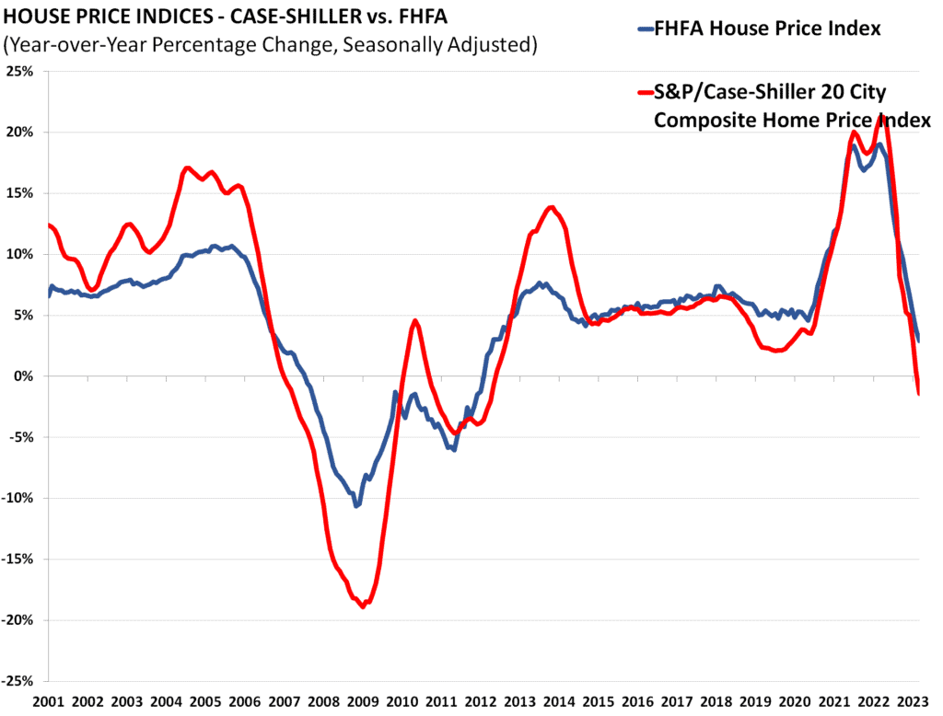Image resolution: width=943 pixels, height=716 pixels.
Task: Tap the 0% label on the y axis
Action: point(25,376)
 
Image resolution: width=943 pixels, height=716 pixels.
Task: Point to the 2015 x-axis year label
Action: point(600,702)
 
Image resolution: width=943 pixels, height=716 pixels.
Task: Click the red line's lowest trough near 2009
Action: point(363,606)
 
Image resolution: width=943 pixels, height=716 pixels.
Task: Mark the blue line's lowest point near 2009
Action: point(356,506)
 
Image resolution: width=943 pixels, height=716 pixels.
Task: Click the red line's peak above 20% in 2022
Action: point(885,117)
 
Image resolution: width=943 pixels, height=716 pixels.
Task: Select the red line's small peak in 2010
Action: point(415,321)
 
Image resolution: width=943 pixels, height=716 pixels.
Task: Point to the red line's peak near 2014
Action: point(552,207)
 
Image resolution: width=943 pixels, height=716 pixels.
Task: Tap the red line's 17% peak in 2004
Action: point(187,167)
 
